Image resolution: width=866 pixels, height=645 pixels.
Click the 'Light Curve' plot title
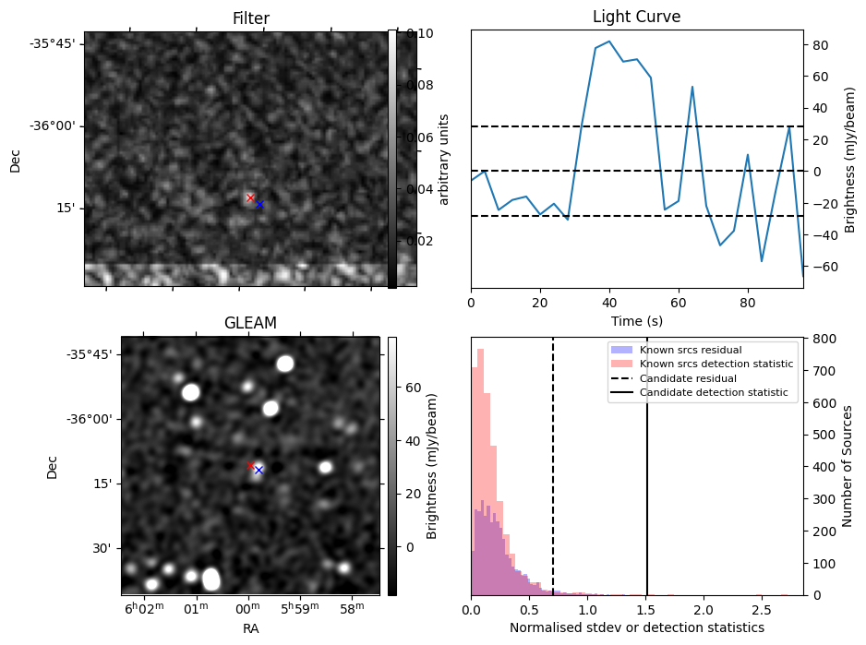(636, 18)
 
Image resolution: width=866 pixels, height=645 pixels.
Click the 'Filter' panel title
(250, 18)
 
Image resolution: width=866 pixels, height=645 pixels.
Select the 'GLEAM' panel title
(250, 323)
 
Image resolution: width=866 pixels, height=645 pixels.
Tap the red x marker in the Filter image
(250, 198)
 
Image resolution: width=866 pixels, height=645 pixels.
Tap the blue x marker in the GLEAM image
(259, 470)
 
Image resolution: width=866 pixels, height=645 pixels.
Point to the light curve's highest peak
(609, 42)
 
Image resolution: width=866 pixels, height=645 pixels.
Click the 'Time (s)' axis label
(636, 321)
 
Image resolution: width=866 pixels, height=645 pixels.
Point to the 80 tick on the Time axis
(748, 302)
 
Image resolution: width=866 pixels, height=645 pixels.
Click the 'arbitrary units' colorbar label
(443, 159)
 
